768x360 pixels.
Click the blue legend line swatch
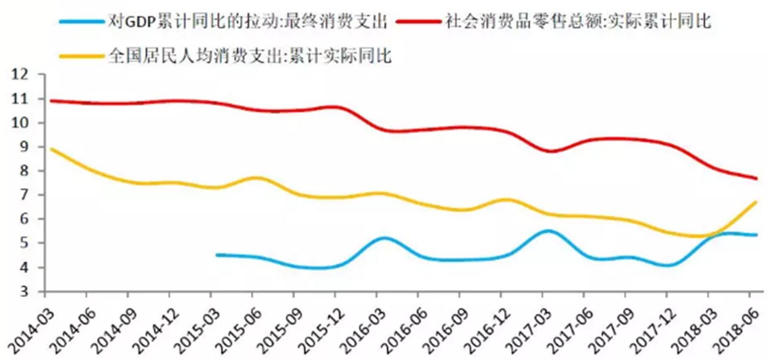82,22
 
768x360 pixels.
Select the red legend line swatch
418,21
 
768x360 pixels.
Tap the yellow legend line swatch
82,56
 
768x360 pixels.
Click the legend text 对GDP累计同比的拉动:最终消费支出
248,21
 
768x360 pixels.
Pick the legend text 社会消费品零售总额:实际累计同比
578,21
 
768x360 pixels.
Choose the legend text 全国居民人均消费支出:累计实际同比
250,55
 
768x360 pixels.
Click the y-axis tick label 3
24,292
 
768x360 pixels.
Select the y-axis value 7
24,195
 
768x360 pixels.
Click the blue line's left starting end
217,255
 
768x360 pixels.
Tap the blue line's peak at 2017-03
548,231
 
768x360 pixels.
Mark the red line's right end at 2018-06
757,178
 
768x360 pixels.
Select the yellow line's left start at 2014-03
51,149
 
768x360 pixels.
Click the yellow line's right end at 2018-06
757,202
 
